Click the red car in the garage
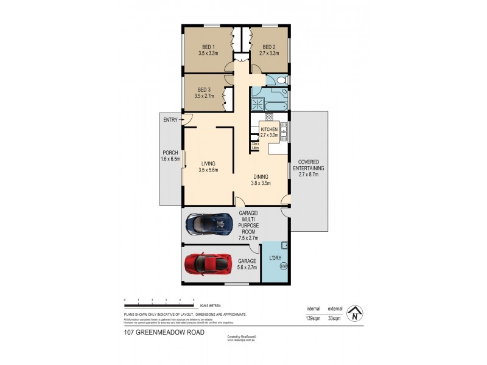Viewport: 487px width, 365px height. [208, 263]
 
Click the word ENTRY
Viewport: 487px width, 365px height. [170, 120]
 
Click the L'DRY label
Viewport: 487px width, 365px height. [276, 259]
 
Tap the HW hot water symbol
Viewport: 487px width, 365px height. [283, 266]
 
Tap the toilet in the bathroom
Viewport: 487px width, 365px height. [279, 81]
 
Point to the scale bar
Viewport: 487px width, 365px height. [159, 302]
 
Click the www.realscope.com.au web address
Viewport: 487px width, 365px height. [240, 341]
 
